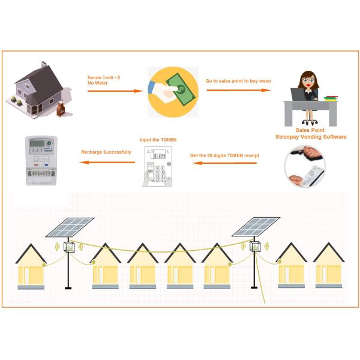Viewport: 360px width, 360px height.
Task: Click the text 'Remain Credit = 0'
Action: [104, 77]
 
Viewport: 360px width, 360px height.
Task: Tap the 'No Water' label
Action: [97, 83]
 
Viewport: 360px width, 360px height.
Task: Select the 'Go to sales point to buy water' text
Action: [238, 81]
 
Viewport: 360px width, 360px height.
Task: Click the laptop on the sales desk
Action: [298, 95]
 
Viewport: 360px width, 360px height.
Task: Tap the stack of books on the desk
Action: [331, 97]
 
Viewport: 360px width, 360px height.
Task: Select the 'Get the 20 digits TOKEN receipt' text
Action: [224, 155]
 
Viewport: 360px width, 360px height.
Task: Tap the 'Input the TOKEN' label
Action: [158, 140]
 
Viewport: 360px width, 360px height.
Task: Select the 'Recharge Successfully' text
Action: [106, 152]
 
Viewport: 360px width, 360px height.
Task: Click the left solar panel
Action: [70, 227]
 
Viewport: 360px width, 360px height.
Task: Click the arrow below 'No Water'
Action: [115, 91]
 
